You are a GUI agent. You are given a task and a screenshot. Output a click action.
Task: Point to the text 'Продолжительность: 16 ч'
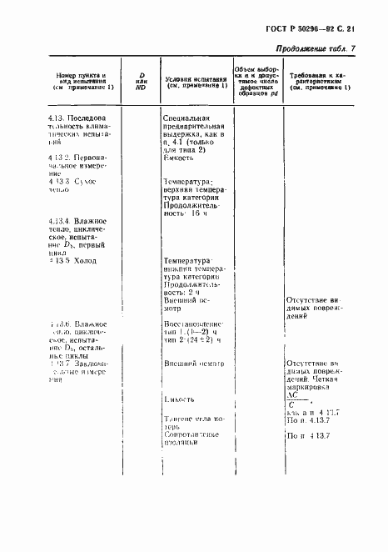[196, 209]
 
